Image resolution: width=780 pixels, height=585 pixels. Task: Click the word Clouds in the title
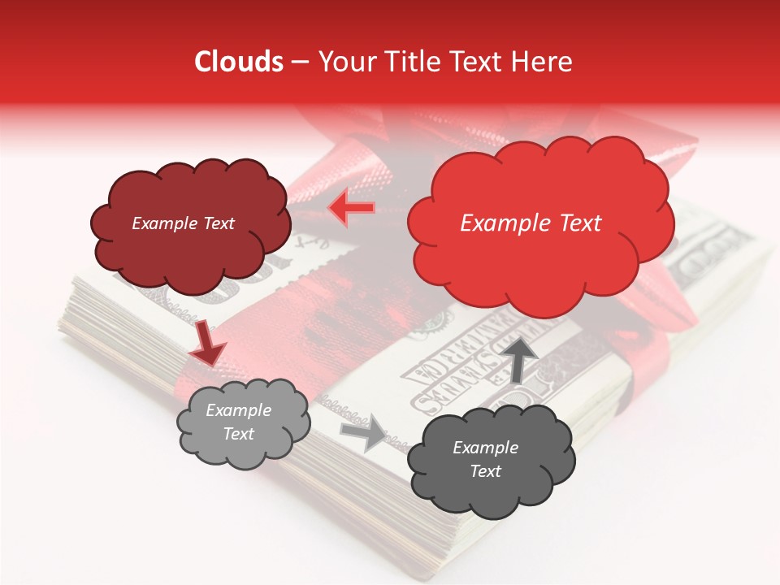click(x=238, y=62)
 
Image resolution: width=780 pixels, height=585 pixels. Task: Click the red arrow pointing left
click(x=352, y=209)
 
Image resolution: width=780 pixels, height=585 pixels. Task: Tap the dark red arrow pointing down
click(x=208, y=343)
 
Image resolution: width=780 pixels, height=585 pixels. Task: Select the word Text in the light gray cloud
click(x=239, y=434)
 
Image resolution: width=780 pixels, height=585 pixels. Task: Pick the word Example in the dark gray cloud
click(x=485, y=448)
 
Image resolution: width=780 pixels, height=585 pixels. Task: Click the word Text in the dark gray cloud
click(x=485, y=471)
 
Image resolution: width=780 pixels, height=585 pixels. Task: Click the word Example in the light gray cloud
click(x=239, y=410)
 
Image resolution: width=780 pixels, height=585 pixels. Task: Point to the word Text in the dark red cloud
click(x=219, y=223)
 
